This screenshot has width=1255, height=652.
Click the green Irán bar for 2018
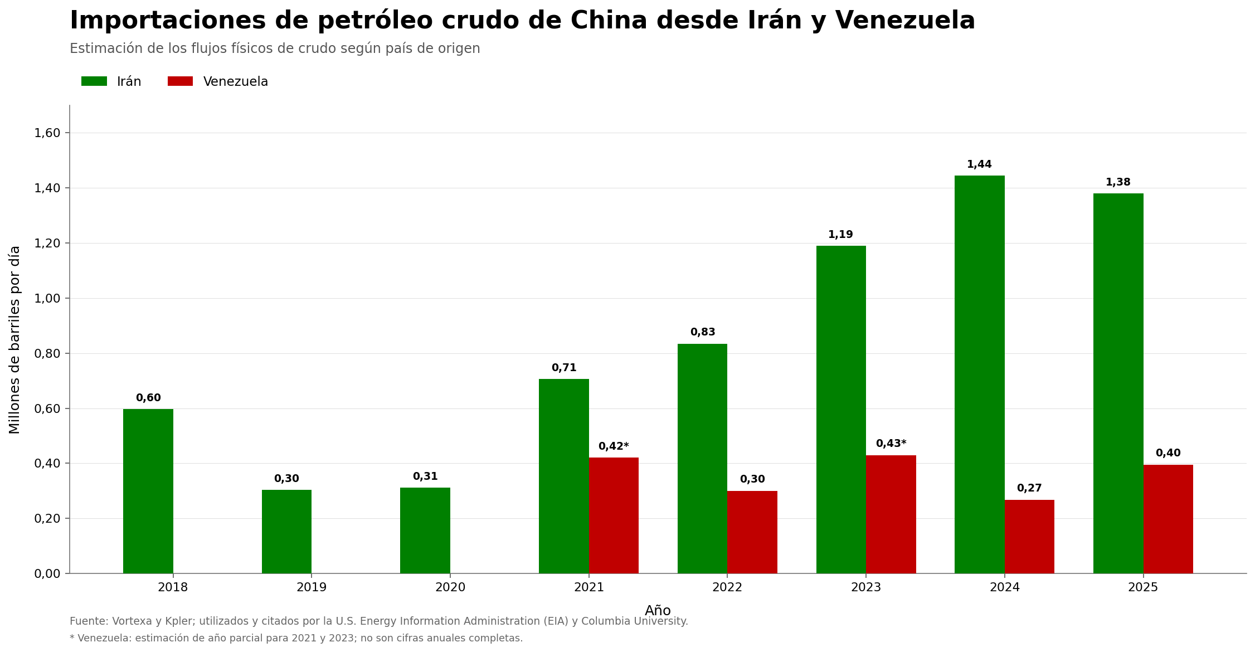pos(148,491)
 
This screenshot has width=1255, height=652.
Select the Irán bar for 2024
pos(980,374)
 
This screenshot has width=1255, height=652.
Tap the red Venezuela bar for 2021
pos(614,515)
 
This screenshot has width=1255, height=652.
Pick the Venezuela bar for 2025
pos(1168,519)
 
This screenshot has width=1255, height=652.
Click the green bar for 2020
pos(425,531)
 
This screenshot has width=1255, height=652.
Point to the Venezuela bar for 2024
pos(1029,537)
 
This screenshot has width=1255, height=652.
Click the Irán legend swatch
pos(94,81)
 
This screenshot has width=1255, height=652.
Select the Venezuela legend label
pos(236,82)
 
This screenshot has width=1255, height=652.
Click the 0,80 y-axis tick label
pos(47,353)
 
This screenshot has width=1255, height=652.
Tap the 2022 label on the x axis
pos(727,587)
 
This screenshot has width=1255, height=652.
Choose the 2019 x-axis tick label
pos(312,587)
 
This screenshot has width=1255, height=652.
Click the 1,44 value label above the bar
pos(979,164)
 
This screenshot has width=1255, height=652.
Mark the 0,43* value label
pos(891,444)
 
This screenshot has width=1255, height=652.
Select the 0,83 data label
pos(703,332)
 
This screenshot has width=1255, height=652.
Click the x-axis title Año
pos(658,611)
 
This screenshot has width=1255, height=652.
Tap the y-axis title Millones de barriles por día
pos(15,339)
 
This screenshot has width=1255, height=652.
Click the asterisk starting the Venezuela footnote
pos(72,637)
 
